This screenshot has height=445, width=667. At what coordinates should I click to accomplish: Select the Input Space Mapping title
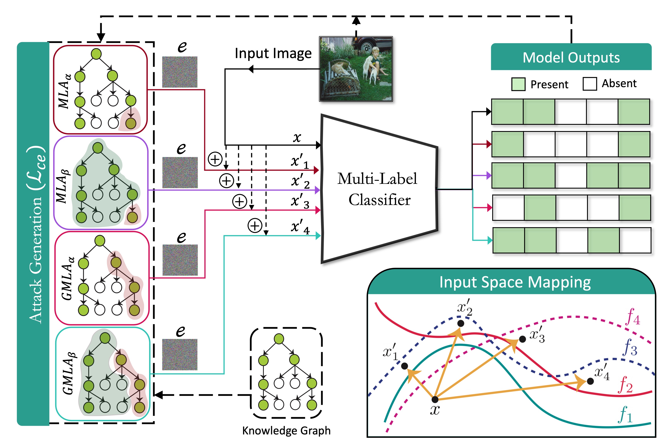515,282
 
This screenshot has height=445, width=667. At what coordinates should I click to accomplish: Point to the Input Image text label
273,53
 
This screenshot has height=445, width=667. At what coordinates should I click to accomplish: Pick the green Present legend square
518,84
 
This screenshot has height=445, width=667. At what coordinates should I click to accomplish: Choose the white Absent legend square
590,84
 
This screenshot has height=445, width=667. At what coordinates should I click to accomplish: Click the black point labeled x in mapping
435,399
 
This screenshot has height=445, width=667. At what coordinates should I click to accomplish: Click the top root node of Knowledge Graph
279,339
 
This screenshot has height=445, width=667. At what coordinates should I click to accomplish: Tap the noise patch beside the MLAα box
180,72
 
